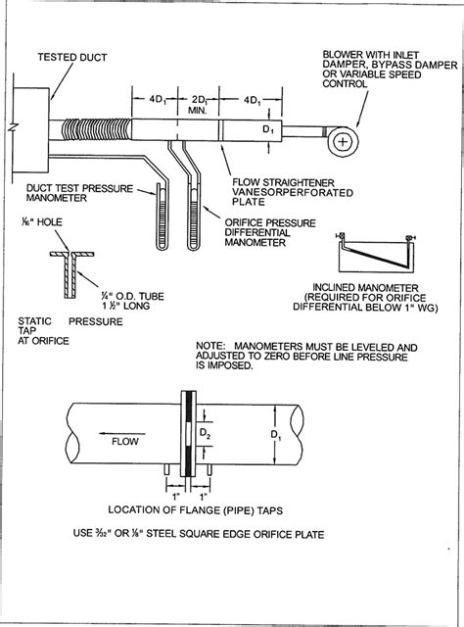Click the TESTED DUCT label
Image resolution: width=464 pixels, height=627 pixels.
click(x=72, y=58)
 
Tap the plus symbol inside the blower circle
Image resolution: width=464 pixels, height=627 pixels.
click(x=343, y=142)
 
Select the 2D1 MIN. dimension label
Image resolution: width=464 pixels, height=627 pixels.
click(x=198, y=105)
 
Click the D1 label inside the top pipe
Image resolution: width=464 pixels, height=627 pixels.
click(x=268, y=129)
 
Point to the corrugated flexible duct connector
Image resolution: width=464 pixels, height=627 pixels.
click(x=97, y=130)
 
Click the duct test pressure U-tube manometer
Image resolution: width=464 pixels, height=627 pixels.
click(x=162, y=217)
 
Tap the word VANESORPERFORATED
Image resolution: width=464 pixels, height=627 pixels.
click(x=293, y=193)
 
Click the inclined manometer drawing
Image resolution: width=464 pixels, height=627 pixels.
click(x=376, y=254)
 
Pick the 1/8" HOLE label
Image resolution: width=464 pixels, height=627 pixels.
click(x=42, y=222)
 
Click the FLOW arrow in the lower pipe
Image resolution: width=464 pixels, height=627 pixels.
click(x=122, y=433)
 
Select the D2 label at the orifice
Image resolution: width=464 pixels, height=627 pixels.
click(x=205, y=433)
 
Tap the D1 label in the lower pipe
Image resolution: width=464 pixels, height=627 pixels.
click(x=276, y=435)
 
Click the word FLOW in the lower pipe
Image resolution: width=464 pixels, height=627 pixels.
click(x=125, y=442)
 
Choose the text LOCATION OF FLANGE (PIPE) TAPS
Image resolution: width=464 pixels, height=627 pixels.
click(x=196, y=510)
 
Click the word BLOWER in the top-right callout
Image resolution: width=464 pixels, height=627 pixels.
click(x=343, y=55)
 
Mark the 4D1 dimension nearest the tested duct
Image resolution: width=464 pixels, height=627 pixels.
click(x=158, y=100)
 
